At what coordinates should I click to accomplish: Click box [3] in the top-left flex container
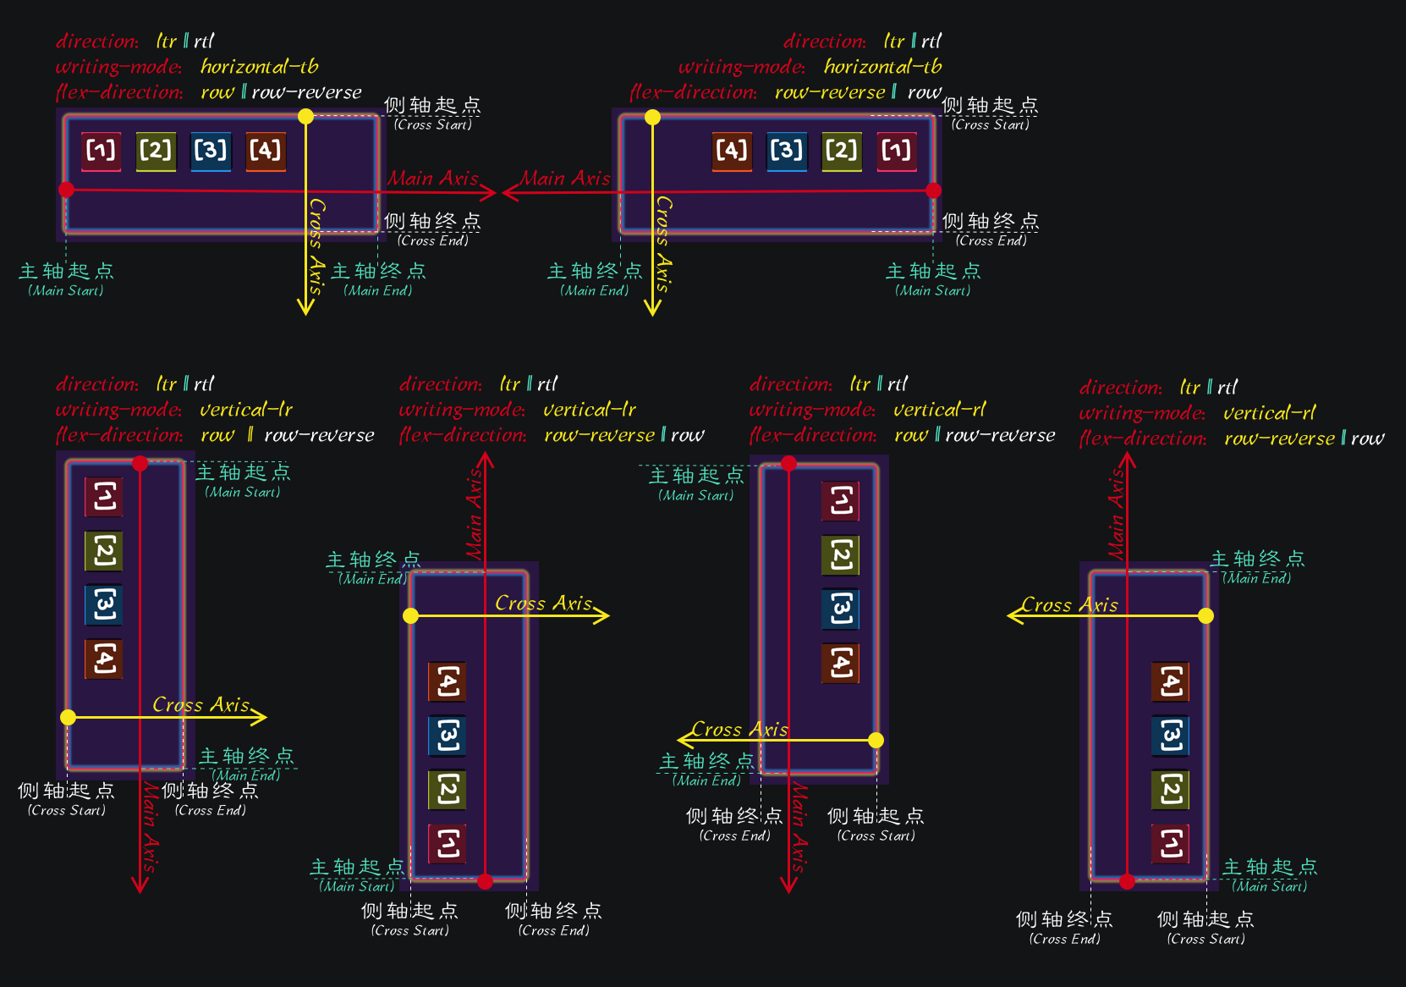click(211, 151)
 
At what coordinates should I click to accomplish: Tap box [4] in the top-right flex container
click(732, 151)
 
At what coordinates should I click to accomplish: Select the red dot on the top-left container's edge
click(67, 190)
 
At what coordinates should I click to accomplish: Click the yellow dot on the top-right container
click(652, 118)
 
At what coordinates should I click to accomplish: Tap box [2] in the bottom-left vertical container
click(104, 551)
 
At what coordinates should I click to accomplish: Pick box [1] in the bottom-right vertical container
click(1171, 843)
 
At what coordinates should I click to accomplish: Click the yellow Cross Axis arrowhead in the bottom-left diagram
click(261, 717)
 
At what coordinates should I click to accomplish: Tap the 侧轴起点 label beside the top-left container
click(432, 106)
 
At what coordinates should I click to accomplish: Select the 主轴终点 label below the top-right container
click(595, 271)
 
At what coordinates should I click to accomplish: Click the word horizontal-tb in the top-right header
click(882, 66)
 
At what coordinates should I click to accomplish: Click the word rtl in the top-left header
click(204, 41)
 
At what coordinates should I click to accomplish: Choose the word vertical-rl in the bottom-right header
click(1269, 413)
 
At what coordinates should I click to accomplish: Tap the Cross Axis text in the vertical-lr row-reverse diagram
click(543, 604)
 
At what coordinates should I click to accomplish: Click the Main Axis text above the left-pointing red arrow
click(564, 179)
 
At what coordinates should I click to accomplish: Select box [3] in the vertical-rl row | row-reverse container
click(841, 609)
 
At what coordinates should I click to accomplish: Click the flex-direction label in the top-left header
click(119, 91)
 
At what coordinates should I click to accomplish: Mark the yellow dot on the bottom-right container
click(1206, 615)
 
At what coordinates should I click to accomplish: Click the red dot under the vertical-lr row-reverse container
click(485, 881)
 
